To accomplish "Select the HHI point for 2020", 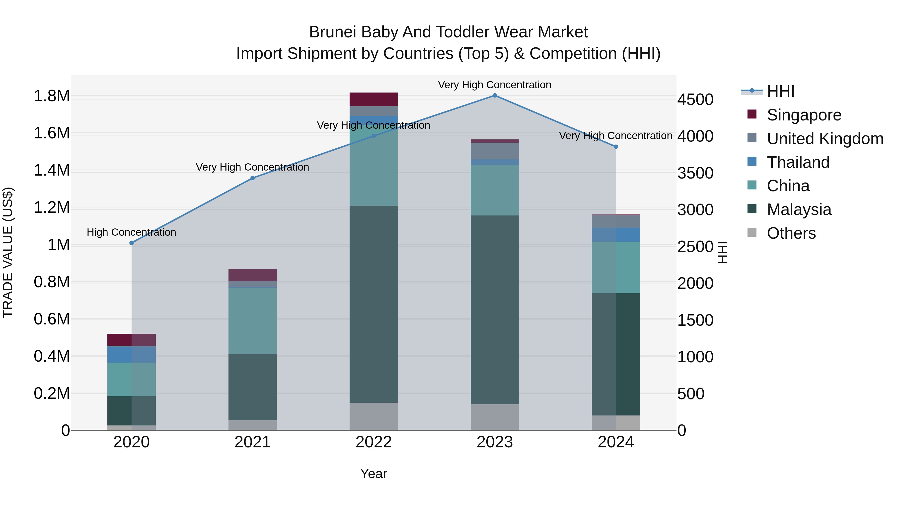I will tap(132, 243).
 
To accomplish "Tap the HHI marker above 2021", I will tap(253, 178).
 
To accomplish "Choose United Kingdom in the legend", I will tap(824, 139).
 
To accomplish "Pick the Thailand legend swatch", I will tap(752, 162).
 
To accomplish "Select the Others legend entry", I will tap(791, 233).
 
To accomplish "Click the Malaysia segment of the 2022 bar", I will tap(374, 304).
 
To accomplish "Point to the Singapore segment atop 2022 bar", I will tap(374, 99).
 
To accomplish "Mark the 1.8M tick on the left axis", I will tap(52, 96).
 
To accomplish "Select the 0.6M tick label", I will tap(52, 319).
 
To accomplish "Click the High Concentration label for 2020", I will tap(131, 232).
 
